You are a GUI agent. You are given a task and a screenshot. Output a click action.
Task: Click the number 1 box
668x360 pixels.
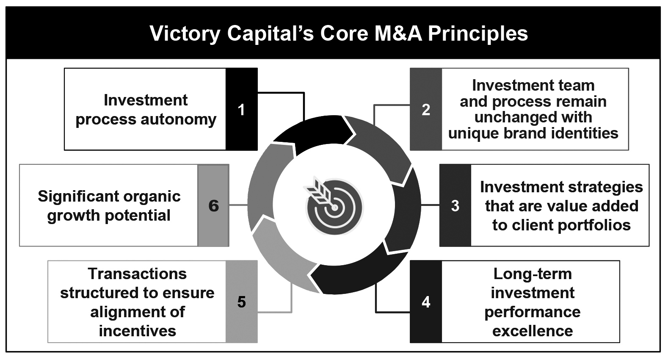(241, 109)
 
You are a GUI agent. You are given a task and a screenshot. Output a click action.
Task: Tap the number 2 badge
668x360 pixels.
(426, 109)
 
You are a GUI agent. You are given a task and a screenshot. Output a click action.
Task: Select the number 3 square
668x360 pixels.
(455, 205)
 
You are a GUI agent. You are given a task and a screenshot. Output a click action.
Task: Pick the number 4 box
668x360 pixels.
(426, 302)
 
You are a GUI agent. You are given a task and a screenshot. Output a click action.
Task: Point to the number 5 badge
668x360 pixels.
(241, 302)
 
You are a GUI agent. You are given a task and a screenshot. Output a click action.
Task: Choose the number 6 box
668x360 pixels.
(213, 205)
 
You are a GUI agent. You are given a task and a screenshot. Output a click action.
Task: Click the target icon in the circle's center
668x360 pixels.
(334, 205)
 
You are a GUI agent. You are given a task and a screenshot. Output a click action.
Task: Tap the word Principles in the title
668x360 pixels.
(478, 33)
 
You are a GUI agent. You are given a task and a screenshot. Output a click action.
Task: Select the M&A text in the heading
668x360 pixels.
(398, 33)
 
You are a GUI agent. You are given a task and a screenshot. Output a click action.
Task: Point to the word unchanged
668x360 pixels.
(512, 117)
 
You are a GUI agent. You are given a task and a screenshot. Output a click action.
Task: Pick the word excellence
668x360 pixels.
(533, 331)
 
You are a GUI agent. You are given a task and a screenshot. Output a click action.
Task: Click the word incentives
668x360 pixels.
(138, 331)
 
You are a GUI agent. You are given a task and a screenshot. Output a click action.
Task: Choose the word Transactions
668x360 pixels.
(138, 274)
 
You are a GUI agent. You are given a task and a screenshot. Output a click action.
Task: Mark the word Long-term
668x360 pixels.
(533, 274)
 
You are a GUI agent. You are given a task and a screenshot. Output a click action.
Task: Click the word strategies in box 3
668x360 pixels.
(601, 187)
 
